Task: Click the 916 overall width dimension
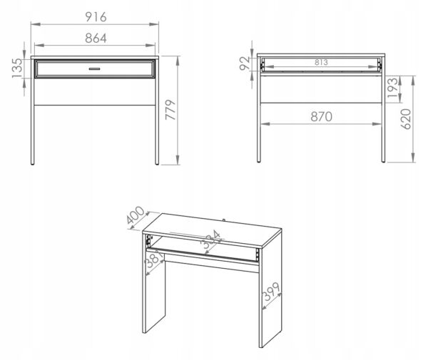(96, 17)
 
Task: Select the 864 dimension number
(96, 38)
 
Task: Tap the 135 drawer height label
(17, 68)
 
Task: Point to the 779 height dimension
(170, 110)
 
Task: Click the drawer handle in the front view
(94, 68)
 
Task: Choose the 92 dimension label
(245, 63)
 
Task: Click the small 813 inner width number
(321, 63)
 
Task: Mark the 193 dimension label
(393, 88)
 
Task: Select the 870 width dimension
(321, 117)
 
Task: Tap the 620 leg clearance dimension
(406, 119)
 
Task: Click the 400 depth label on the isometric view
(136, 215)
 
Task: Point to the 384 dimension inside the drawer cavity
(211, 240)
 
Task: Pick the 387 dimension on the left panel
(155, 260)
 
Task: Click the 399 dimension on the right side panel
(271, 292)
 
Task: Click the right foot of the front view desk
(157, 163)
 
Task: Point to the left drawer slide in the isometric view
(148, 240)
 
